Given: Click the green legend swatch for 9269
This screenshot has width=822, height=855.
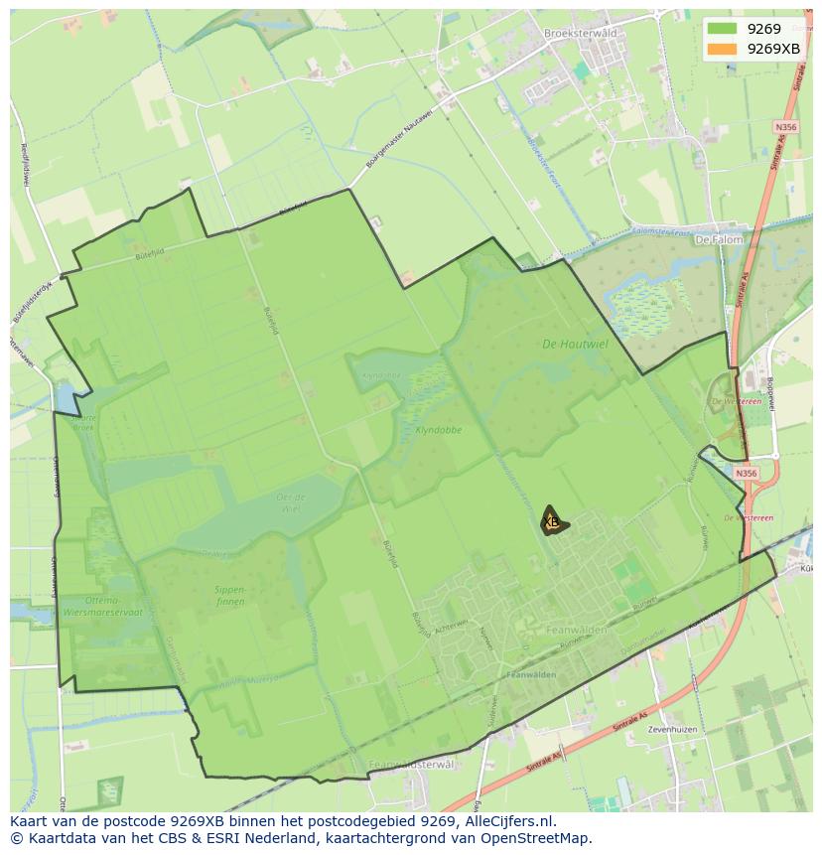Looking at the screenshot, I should point(723,30).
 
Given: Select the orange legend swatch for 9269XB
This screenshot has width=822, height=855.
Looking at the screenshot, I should point(723,49).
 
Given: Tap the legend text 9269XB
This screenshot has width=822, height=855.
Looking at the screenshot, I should point(773,49).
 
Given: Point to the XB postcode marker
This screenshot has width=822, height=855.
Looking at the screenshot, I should point(552,521).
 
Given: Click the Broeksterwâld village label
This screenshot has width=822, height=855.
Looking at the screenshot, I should point(581,33).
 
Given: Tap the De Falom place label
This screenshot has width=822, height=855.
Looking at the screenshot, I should point(718,239).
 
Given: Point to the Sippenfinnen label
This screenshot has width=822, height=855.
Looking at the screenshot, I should point(230,595).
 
